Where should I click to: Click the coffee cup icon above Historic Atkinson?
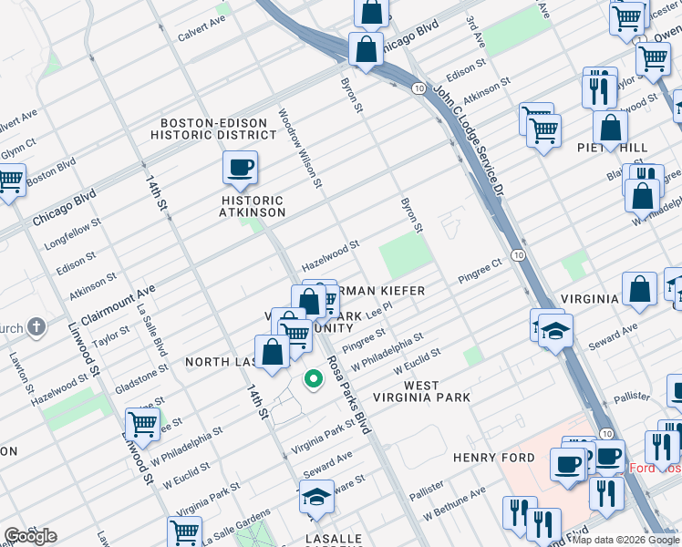(x=240, y=168)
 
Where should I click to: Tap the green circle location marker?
(x=313, y=378)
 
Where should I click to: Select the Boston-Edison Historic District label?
(x=218, y=129)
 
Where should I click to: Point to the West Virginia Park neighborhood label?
(x=437, y=391)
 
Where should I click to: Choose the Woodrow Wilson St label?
(x=299, y=150)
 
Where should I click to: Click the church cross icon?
(x=36, y=326)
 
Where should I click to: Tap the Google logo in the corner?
(x=31, y=536)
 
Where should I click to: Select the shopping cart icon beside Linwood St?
(x=142, y=423)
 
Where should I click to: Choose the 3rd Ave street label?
(x=475, y=32)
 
